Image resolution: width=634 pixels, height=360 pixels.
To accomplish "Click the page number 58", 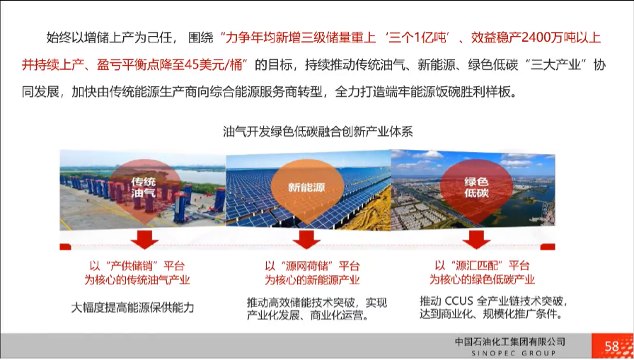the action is pyautogui.click(x=612, y=347).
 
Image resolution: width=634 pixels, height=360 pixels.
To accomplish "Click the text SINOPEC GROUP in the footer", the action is pyautogui.click(x=514, y=354).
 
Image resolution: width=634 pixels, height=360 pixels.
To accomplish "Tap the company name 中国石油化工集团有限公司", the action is pyautogui.click(x=510, y=342).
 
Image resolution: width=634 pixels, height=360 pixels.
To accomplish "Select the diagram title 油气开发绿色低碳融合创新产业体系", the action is pyautogui.click(x=318, y=132).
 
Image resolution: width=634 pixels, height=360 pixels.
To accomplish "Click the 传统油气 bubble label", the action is pyautogui.click(x=144, y=187).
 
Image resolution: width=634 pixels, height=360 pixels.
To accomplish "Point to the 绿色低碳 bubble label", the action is pyautogui.click(x=476, y=187).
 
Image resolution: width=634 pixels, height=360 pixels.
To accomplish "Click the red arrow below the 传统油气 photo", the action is pyautogui.click(x=144, y=240).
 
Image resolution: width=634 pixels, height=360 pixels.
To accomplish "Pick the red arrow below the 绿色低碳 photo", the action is pyautogui.click(x=476, y=240).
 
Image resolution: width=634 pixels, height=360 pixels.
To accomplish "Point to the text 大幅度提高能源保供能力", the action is pyautogui.click(x=132, y=308).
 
